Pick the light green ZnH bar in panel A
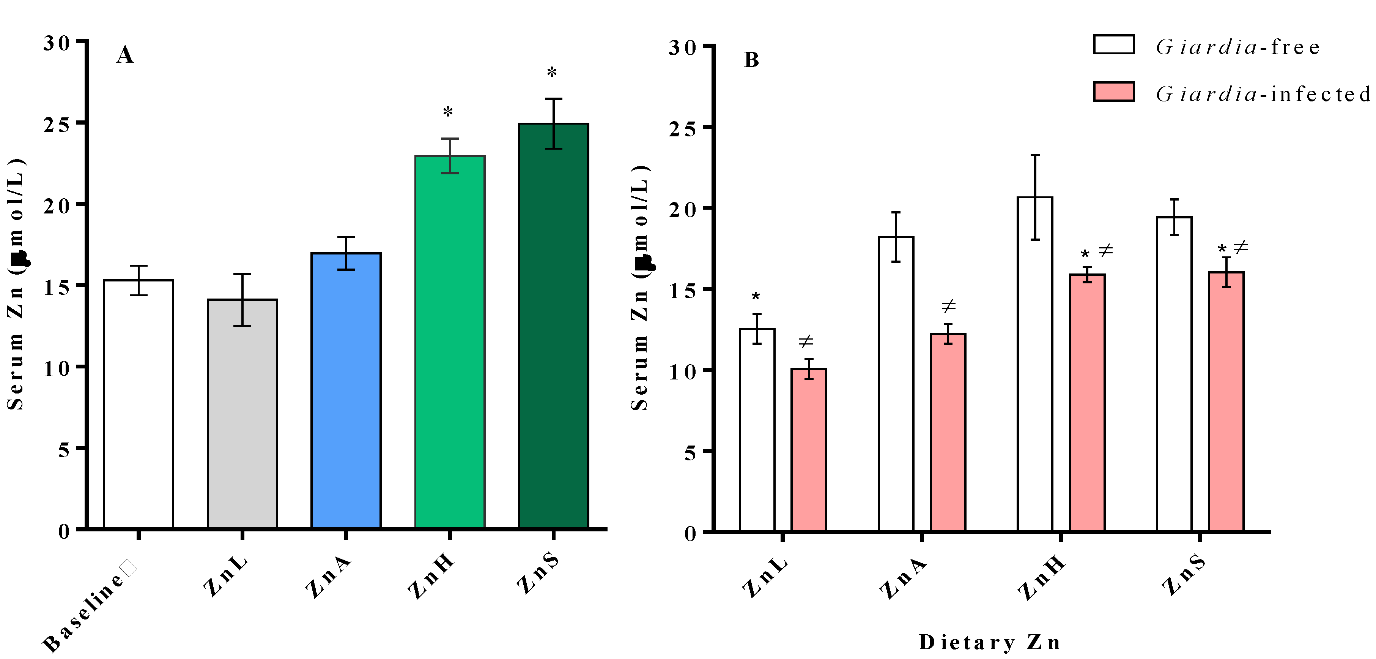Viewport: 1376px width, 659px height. [450, 342]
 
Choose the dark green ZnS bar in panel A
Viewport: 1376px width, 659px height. [553, 326]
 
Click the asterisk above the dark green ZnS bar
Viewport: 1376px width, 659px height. [552, 73]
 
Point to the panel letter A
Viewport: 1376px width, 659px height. [125, 55]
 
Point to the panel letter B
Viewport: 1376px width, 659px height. [751, 60]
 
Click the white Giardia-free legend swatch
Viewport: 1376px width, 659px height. [1114, 45]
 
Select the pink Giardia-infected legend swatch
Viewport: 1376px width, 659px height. [1114, 92]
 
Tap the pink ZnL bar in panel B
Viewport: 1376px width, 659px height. [809, 450]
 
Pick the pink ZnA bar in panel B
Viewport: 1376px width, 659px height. [948, 432]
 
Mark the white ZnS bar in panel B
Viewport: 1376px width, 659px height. [1174, 374]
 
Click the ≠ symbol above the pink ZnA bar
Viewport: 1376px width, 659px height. [948, 306]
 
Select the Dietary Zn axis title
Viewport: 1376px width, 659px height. [989, 642]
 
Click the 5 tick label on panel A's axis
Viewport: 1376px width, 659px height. [64, 449]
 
